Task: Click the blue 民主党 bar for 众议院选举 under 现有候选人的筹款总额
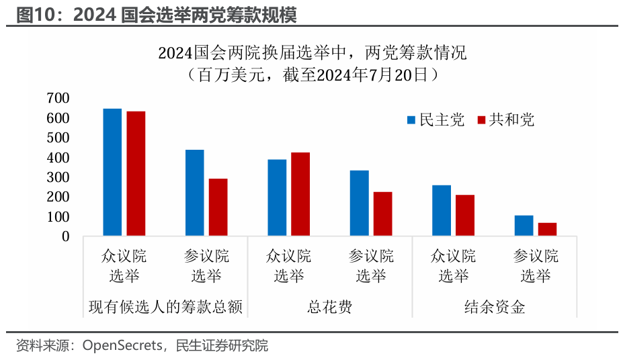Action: pos(112,172)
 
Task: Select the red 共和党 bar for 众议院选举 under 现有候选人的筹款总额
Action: pos(136,173)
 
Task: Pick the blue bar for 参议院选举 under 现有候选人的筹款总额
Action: pos(195,193)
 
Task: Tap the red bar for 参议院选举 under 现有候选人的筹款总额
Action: pos(218,207)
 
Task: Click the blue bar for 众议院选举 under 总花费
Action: pos(277,197)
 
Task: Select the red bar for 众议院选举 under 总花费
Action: pos(300,194)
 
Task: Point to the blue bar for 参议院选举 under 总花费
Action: pos(360,203)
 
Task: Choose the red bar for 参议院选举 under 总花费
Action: pos(382,214)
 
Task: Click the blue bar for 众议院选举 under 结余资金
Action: pos(442,210)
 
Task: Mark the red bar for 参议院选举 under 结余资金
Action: pos(547,229)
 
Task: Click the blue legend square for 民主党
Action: pos(411,120)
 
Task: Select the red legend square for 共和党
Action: pos(481,120)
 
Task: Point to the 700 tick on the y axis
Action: pos(58,98)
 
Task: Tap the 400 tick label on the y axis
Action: pos(58,158)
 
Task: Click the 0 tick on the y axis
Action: pos(65,236)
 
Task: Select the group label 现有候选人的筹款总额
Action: pos(165,308)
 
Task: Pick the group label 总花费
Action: pos(330,308)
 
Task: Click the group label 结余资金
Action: pos(495,308)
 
